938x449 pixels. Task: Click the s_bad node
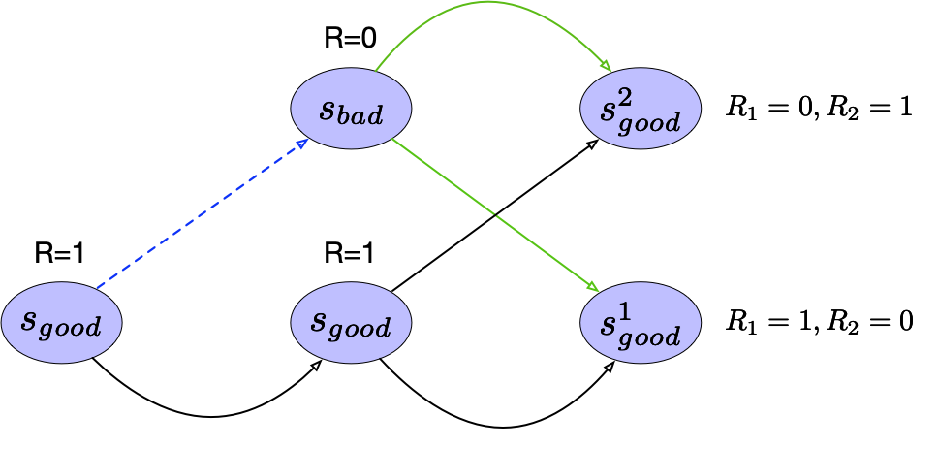click(352, 108)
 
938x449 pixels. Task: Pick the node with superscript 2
click(641, 108)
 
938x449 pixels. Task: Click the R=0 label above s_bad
click(350, 39)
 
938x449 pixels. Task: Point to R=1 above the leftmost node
click(60, 254)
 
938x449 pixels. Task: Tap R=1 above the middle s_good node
click(350, 254)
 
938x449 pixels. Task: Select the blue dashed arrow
click(199, 215)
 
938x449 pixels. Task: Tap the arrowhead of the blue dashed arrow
click(303, 143)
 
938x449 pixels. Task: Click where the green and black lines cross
click(494, 214)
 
